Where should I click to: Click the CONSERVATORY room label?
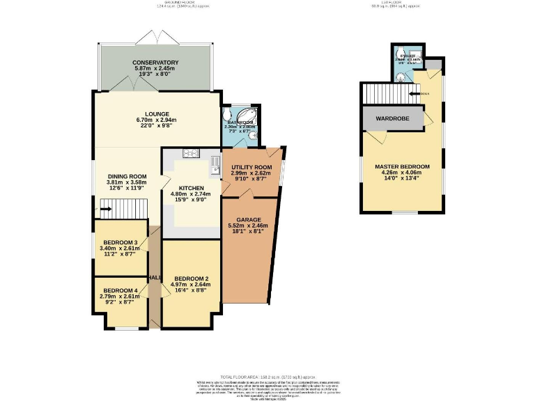155,63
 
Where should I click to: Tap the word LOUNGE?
157,113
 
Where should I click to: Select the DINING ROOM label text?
127,176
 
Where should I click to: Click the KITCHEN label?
191,188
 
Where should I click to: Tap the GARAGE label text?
248,220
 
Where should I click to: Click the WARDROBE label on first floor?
392,118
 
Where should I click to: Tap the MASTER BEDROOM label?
402,167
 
